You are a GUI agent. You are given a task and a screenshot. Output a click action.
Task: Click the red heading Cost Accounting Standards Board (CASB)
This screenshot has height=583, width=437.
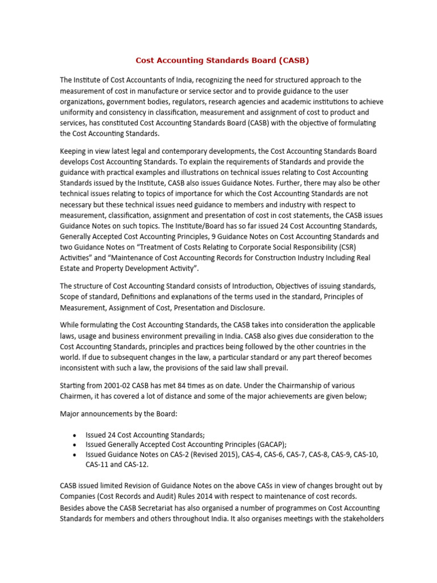[222, 60]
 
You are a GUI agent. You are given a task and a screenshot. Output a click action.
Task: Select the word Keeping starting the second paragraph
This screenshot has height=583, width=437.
[75, 151]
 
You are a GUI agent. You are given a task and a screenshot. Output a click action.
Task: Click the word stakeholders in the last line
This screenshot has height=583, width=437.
[359, 519]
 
